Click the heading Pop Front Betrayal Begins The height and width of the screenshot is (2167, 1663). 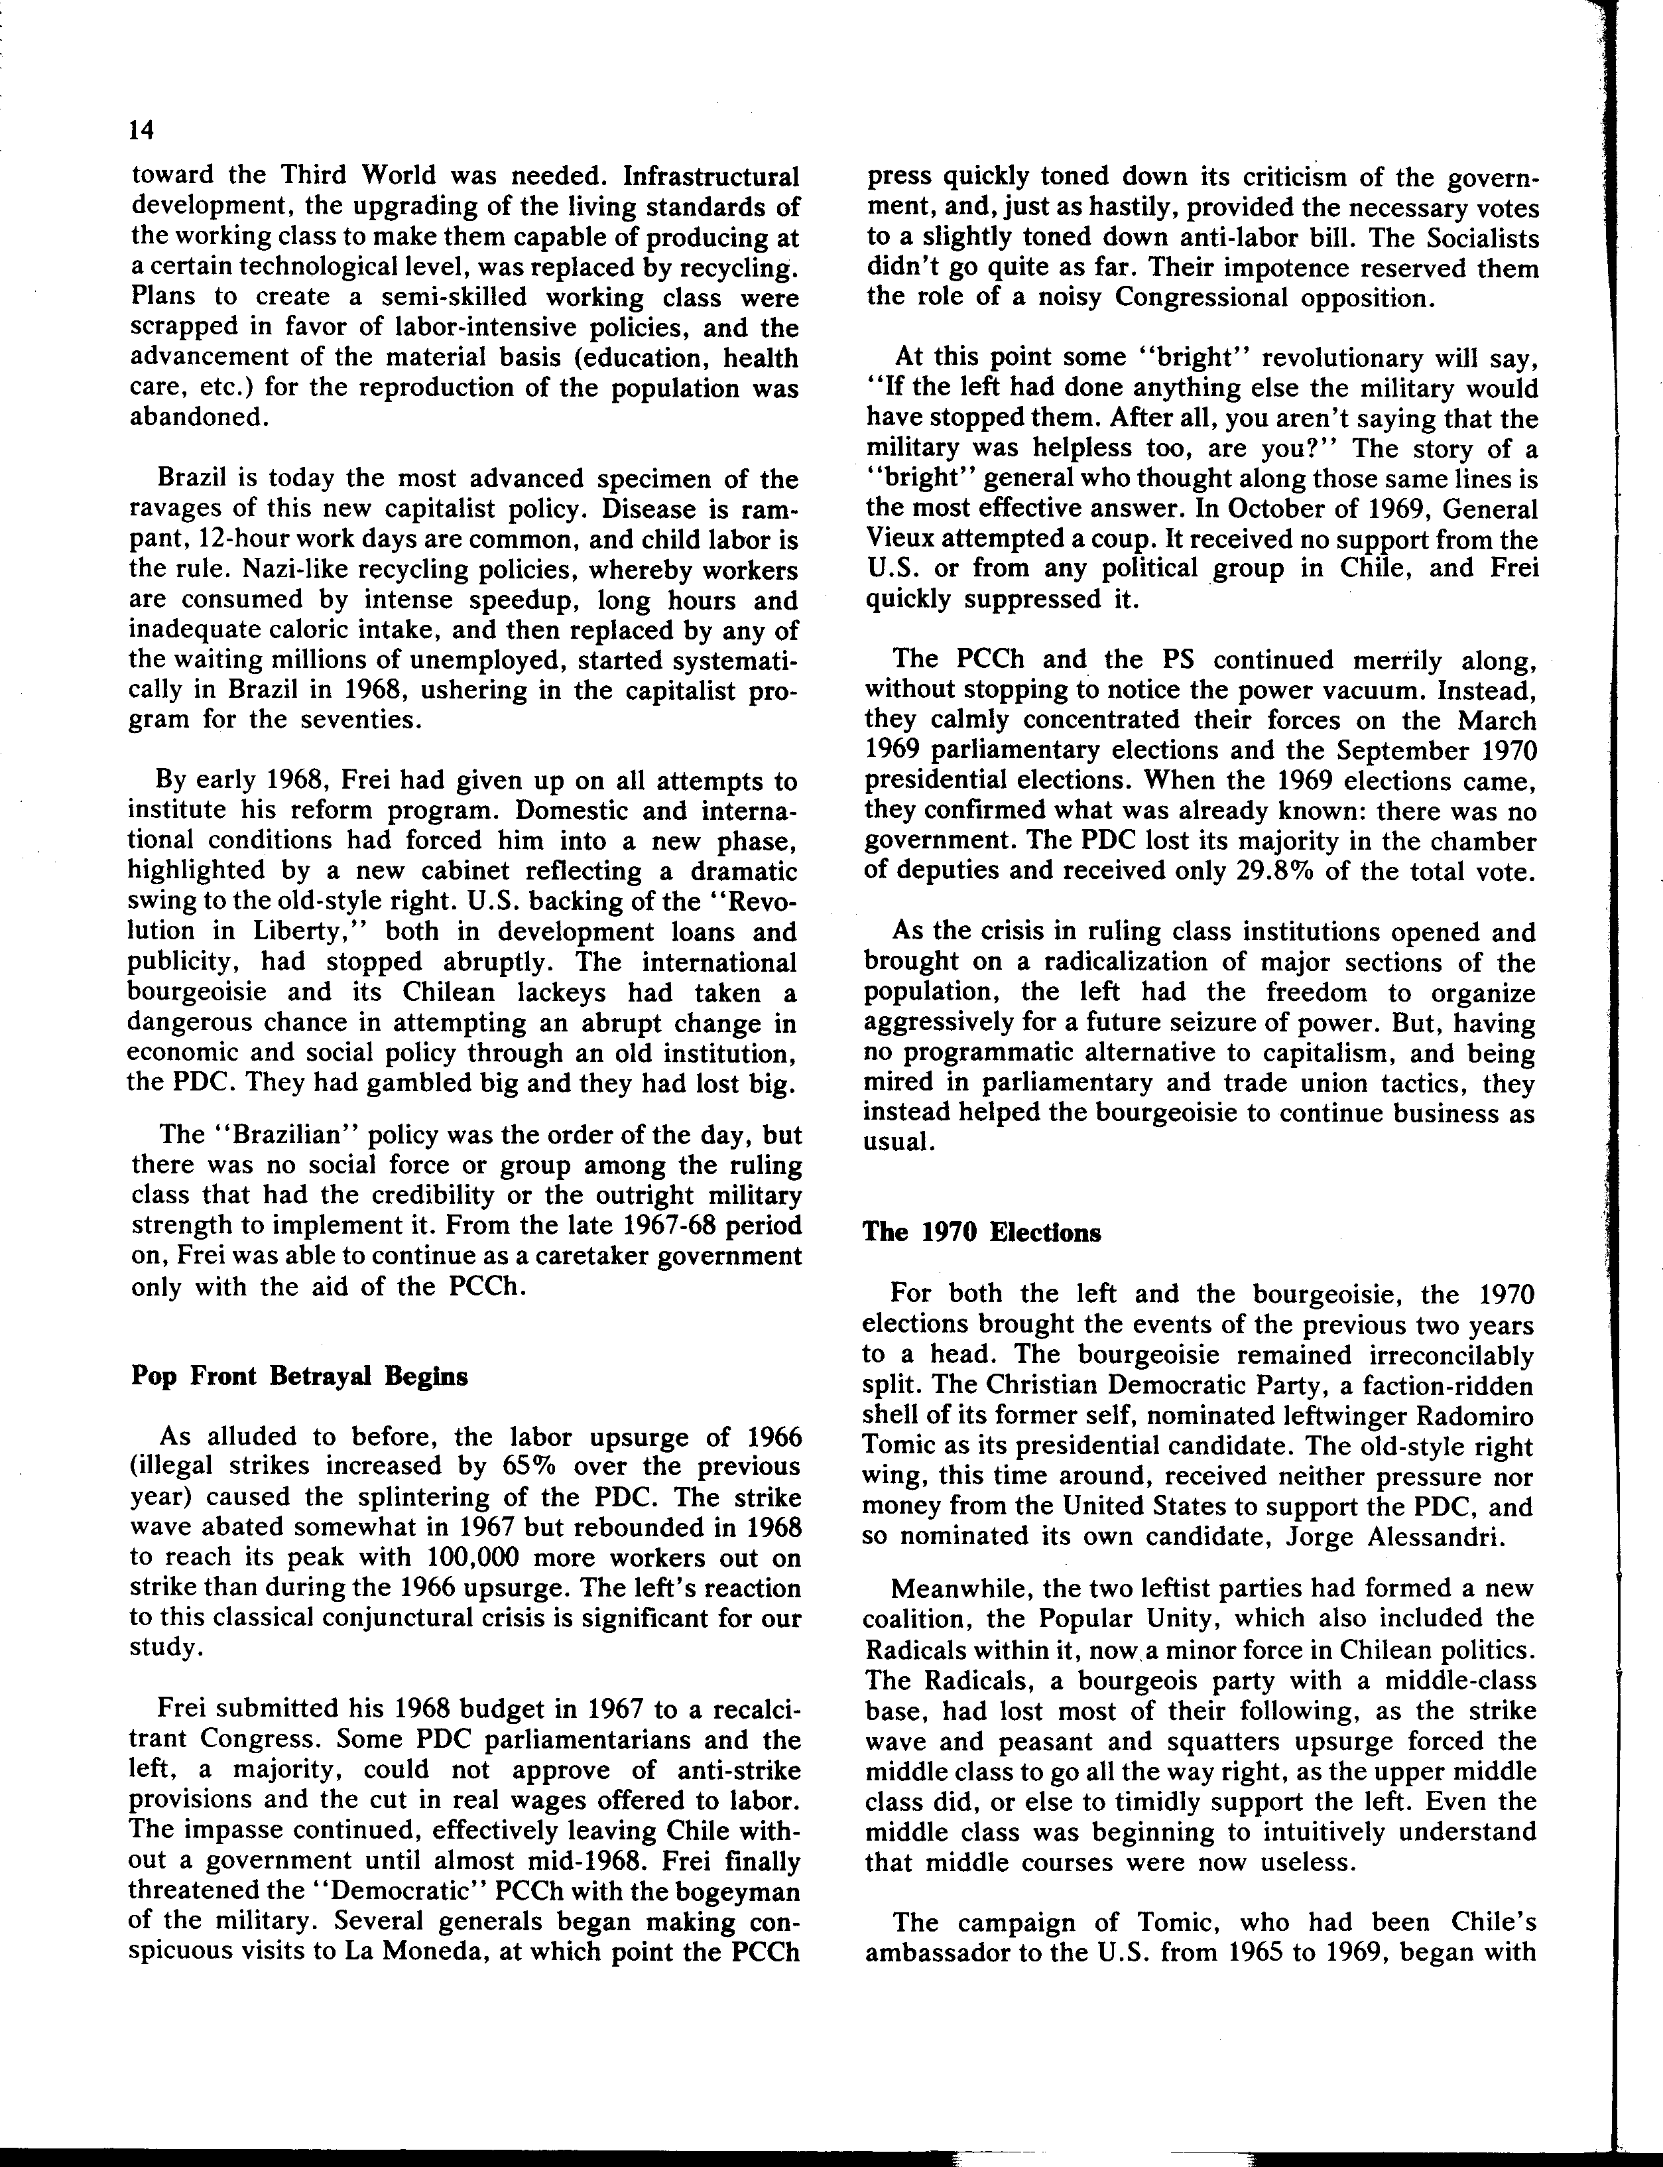click(299, 1378)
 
